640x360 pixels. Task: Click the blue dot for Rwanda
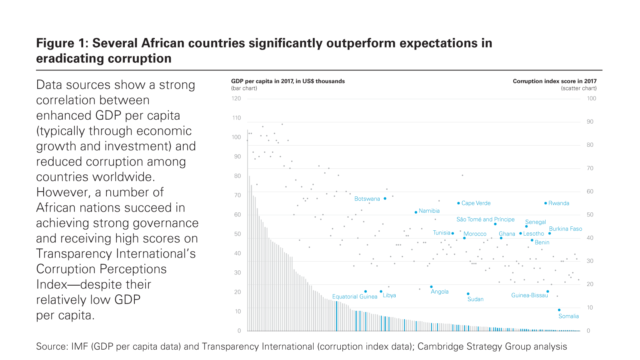[546, 203]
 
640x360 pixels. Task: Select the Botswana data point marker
[385, 198]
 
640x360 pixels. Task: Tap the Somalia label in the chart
[568, 316]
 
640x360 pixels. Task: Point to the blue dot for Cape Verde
[458, 203]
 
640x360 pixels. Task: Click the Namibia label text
[429, 211]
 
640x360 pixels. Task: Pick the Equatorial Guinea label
[354, 296]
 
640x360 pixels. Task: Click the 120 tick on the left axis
[236, 98]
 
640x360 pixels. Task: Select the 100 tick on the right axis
[591, 98]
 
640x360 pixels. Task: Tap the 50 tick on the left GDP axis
[238, 234]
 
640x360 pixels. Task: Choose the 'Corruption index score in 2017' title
[554, 81]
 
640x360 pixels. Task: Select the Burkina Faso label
[565, 229]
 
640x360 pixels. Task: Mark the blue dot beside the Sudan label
[468, 294]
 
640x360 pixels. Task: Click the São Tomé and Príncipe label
[485, 219]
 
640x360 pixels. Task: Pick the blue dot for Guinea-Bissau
[548, 292]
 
